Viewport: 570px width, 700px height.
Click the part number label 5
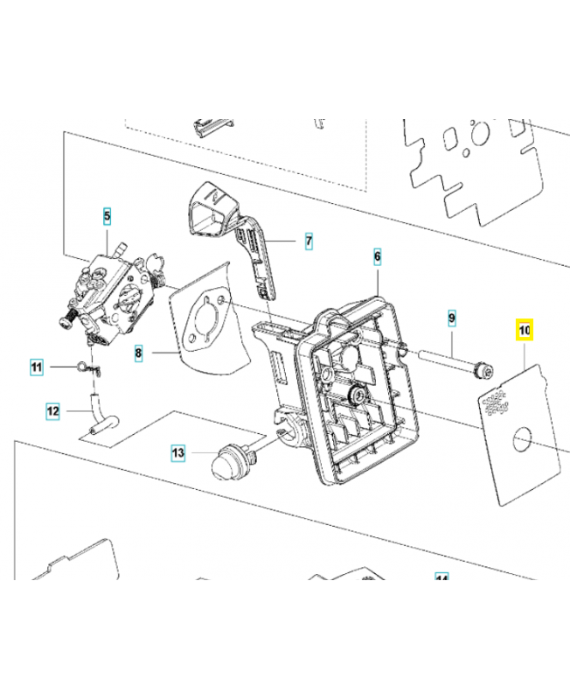pos(108,214)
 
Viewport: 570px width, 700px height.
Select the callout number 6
pos(377,256)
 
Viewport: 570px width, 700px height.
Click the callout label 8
pos(139,353)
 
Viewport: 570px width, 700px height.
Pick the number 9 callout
pos(451,318)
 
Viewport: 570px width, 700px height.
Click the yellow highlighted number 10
pos(525,331)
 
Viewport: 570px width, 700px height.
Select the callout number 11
pos(36,367)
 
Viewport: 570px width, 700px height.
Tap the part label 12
pos(53,409)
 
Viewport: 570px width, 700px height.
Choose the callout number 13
pos(178,452)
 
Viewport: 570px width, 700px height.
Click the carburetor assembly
pos(114,289)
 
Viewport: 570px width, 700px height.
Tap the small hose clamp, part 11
pos(85,367)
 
